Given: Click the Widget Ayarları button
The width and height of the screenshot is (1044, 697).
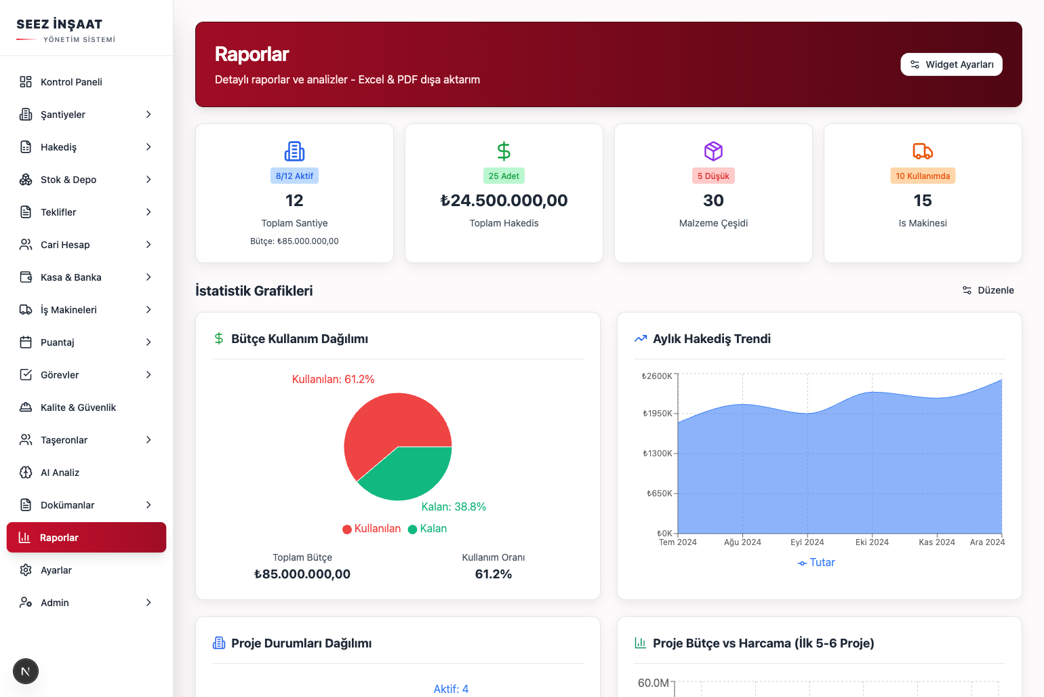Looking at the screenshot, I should [951, 64].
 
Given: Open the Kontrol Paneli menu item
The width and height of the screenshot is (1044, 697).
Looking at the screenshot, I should [71, 82].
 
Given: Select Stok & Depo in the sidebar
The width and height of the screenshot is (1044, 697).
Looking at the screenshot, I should [68, 180].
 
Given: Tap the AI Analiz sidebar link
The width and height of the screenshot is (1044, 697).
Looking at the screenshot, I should [60, 473].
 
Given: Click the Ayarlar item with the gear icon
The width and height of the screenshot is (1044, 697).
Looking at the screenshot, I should [56, 570].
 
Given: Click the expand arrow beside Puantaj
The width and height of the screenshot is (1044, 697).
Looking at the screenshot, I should [148, 342].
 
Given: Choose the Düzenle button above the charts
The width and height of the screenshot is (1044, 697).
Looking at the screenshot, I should [988, 290].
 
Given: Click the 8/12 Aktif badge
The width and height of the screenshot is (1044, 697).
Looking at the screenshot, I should [294, 176].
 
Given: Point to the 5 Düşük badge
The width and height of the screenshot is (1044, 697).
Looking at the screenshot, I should [713, 176].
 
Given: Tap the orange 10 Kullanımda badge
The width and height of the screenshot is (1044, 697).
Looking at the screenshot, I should [923, 176].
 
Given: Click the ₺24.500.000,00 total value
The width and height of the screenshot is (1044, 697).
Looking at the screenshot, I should [504, 201].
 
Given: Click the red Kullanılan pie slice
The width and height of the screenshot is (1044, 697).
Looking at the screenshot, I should [386, 427].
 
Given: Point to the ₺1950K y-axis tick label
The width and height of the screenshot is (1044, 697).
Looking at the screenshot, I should [657, 414].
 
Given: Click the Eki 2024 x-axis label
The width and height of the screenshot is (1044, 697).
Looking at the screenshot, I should [872, 542].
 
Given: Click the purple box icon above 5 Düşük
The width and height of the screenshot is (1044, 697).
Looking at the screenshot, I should [713, 151].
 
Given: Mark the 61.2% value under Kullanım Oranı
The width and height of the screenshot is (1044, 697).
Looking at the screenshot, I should [494, 574].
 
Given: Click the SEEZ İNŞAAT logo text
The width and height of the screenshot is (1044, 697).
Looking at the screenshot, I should [60, 24].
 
